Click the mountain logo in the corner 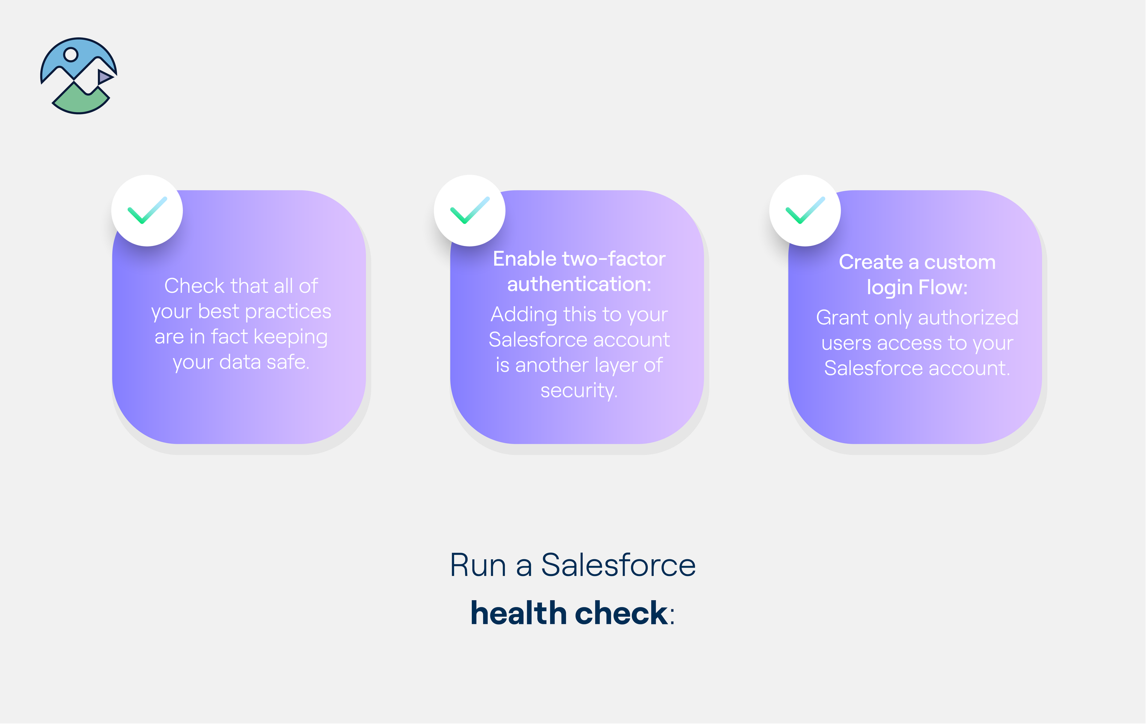(79, 76)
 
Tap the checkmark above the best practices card (147, 211)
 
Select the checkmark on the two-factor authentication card (470, 211)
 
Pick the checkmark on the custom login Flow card (805, 211)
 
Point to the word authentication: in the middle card (579, 285)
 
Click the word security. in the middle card (579, 391)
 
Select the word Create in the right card (870, 262)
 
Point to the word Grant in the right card (841, 318)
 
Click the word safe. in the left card (288, 362)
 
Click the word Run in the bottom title (478, 565)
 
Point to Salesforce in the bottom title (618, 565)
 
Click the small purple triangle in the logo (104, 77)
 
